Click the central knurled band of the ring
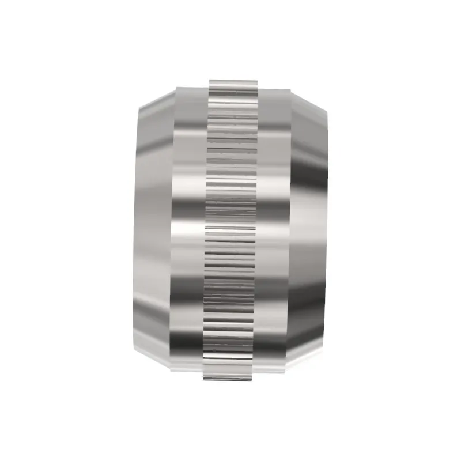pos(231,231)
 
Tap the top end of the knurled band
pos(231,81)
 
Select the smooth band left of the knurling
pos(189,231)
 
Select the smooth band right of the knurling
pos(272,231)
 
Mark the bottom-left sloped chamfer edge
pos(154,361)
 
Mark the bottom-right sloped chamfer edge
pos(308,361)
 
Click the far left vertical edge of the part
pos(135,231)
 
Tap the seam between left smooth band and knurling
pos(205,231)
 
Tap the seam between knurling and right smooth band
pos(257,231)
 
